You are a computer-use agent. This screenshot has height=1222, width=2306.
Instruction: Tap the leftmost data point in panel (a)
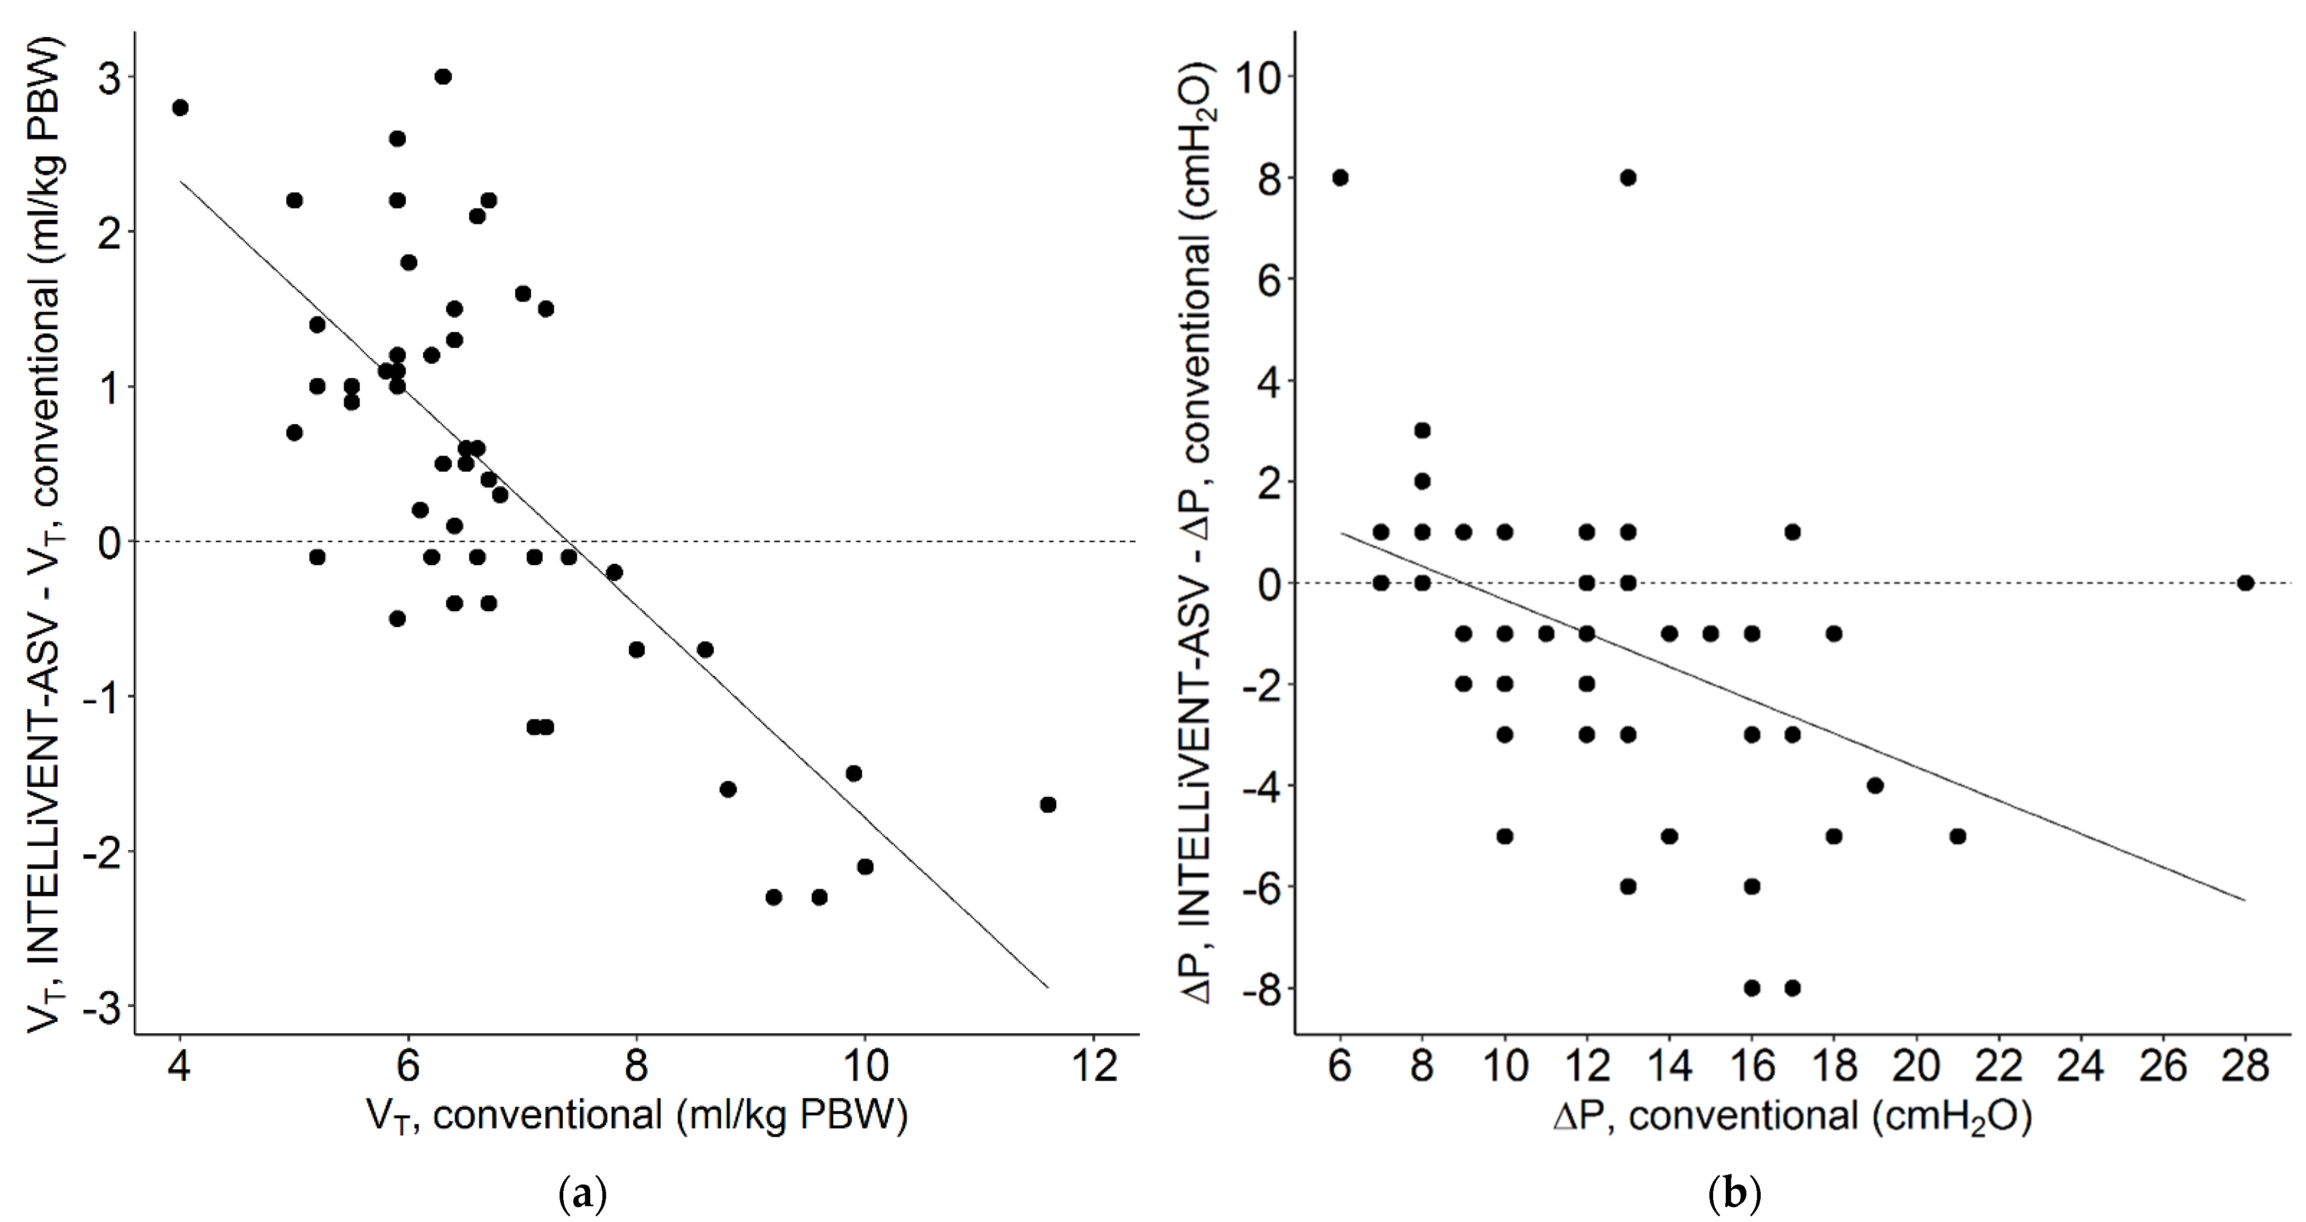click(x=180, y=107)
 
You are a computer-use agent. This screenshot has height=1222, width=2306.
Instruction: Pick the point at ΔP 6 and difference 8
click(x=1340, y=178)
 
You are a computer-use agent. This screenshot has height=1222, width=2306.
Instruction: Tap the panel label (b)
click(x=1734, y=1194)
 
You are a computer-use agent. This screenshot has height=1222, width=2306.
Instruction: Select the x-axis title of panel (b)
click(x=1792, y=1117)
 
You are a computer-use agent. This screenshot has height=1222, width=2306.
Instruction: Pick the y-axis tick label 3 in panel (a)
click(x=109, y=77)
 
